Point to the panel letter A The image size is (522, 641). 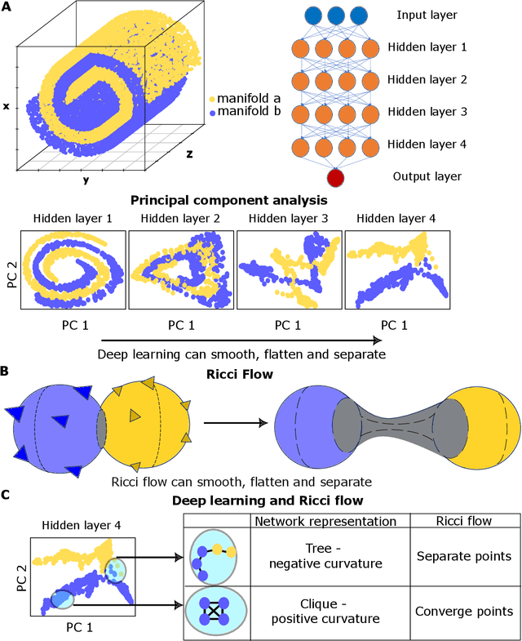7,7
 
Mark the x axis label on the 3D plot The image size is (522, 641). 7,106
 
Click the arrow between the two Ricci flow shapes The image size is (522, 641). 232,423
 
